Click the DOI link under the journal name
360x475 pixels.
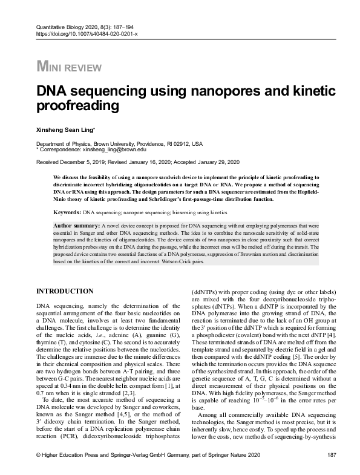pos(87,33)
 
